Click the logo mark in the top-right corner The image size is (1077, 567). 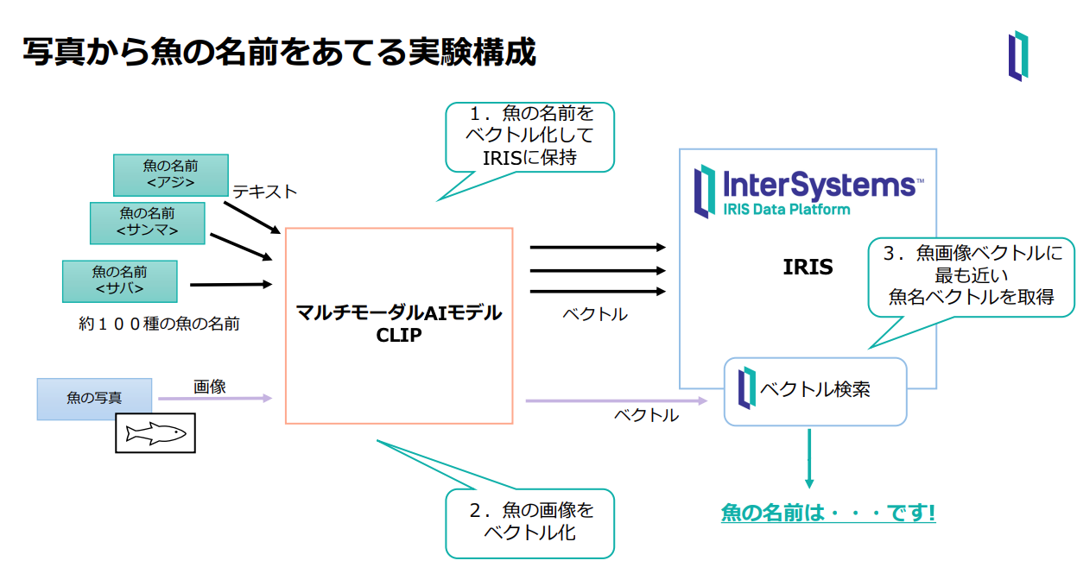1018,56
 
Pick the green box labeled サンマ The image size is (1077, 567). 147,223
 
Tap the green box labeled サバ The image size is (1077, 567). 119,280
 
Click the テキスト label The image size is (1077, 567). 264,192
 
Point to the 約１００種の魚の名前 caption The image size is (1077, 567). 158,324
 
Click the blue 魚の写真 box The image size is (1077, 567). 94,399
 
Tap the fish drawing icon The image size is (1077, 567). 155,433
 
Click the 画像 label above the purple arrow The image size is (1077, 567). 209,387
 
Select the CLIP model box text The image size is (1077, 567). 399,324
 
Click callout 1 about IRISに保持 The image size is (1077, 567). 529,135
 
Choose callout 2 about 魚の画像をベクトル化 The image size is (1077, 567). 529,521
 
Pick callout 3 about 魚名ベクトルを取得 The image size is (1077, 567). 971,276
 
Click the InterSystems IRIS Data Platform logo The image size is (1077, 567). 808,191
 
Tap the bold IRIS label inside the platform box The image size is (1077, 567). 808,267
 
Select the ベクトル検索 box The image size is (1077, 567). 814,390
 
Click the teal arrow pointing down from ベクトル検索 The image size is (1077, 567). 809,457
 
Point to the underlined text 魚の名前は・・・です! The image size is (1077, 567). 828,513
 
